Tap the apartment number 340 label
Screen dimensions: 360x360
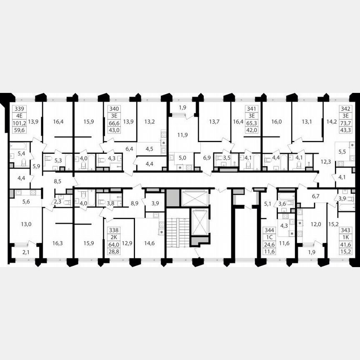coord(114,108)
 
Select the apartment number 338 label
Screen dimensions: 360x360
coord(114,230)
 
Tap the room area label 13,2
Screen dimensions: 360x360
coord(150,122)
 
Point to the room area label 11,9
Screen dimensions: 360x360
coord(181,135)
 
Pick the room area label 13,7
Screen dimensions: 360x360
coord(214,122)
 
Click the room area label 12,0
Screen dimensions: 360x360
coord(315,224)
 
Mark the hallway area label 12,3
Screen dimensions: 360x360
coord(326,161)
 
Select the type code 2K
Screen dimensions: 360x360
coord(114,237)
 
